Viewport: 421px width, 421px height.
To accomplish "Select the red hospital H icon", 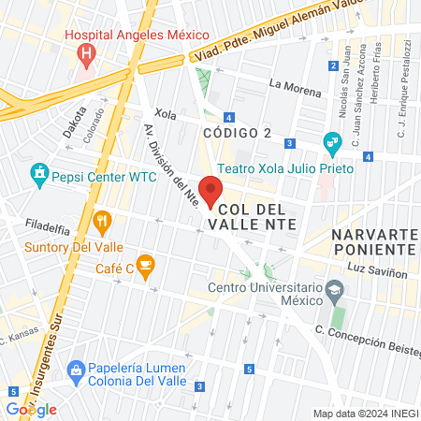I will (x=87, y=52).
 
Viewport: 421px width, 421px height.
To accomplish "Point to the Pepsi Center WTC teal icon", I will (x=38, y=174).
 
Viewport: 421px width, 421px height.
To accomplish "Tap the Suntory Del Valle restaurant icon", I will (x=103, y=222).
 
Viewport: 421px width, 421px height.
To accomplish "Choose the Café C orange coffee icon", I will (x=144, y=265).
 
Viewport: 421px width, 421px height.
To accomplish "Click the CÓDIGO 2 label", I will (x=238, y=133).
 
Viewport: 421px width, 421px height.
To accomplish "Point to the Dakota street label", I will (x=74, y=122).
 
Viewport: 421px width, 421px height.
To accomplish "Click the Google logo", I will (x=31, y=410).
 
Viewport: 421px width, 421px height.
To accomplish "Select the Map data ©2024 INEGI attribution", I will (x=364, y=414).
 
